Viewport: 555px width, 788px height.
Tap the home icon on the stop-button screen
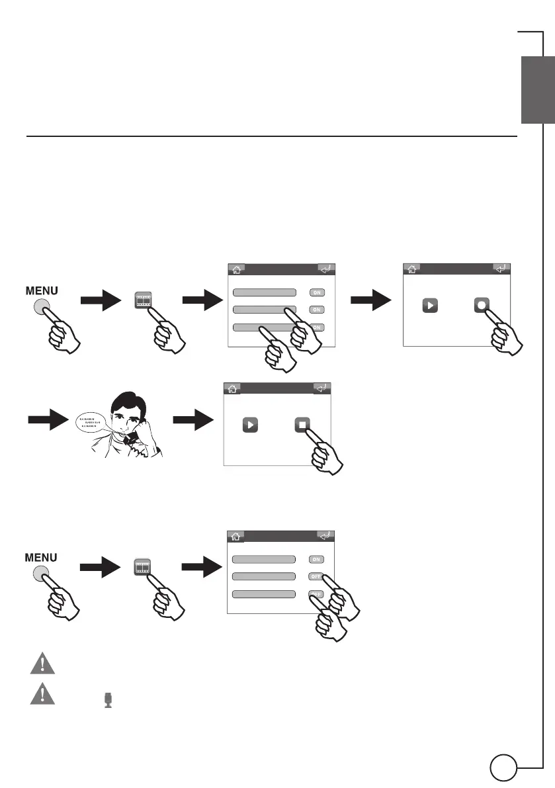(231, 388)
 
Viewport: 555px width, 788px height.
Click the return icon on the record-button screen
(502, 269)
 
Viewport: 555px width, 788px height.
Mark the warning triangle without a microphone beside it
(42, 662)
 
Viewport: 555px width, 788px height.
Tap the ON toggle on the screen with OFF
(316, 559)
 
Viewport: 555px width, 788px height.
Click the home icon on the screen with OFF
(235, 537)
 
